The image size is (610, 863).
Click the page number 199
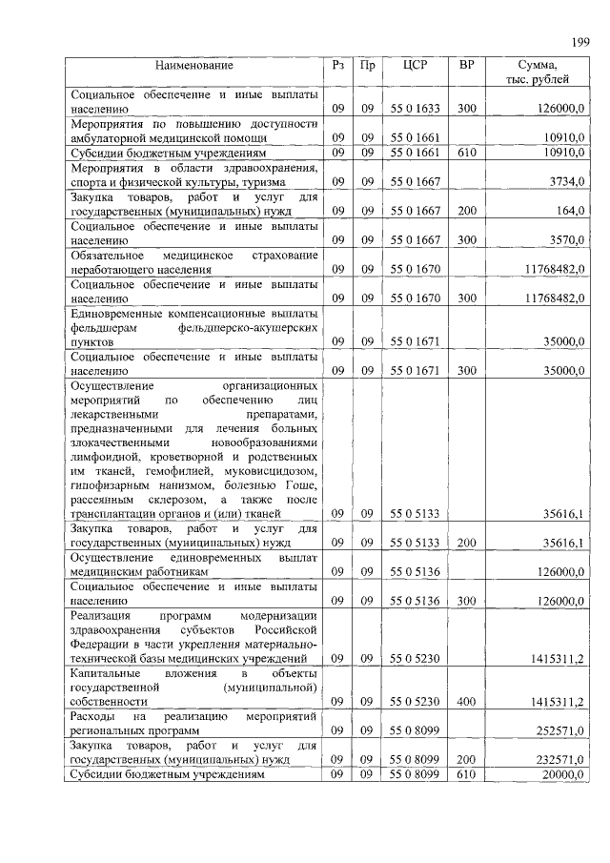coord(579,41)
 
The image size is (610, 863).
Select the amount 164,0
coord(569,211)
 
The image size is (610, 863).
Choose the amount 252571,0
coord(559,730)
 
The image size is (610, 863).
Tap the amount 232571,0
coord(559,760)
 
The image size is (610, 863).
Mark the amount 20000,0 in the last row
coord(561,775)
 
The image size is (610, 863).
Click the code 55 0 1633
coord(415,109)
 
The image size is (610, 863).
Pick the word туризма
coord(294,181)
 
